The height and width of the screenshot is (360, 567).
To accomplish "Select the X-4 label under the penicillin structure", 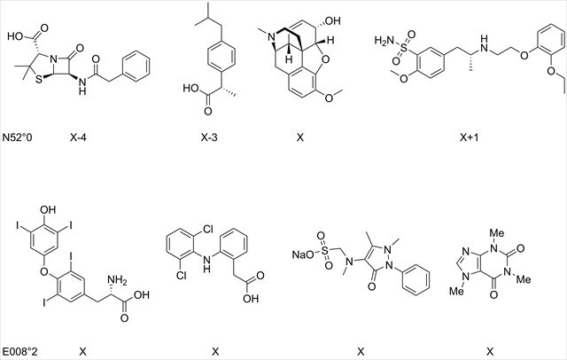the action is coord(77,139).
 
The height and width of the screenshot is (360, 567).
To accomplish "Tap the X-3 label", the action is coord(208,139).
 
